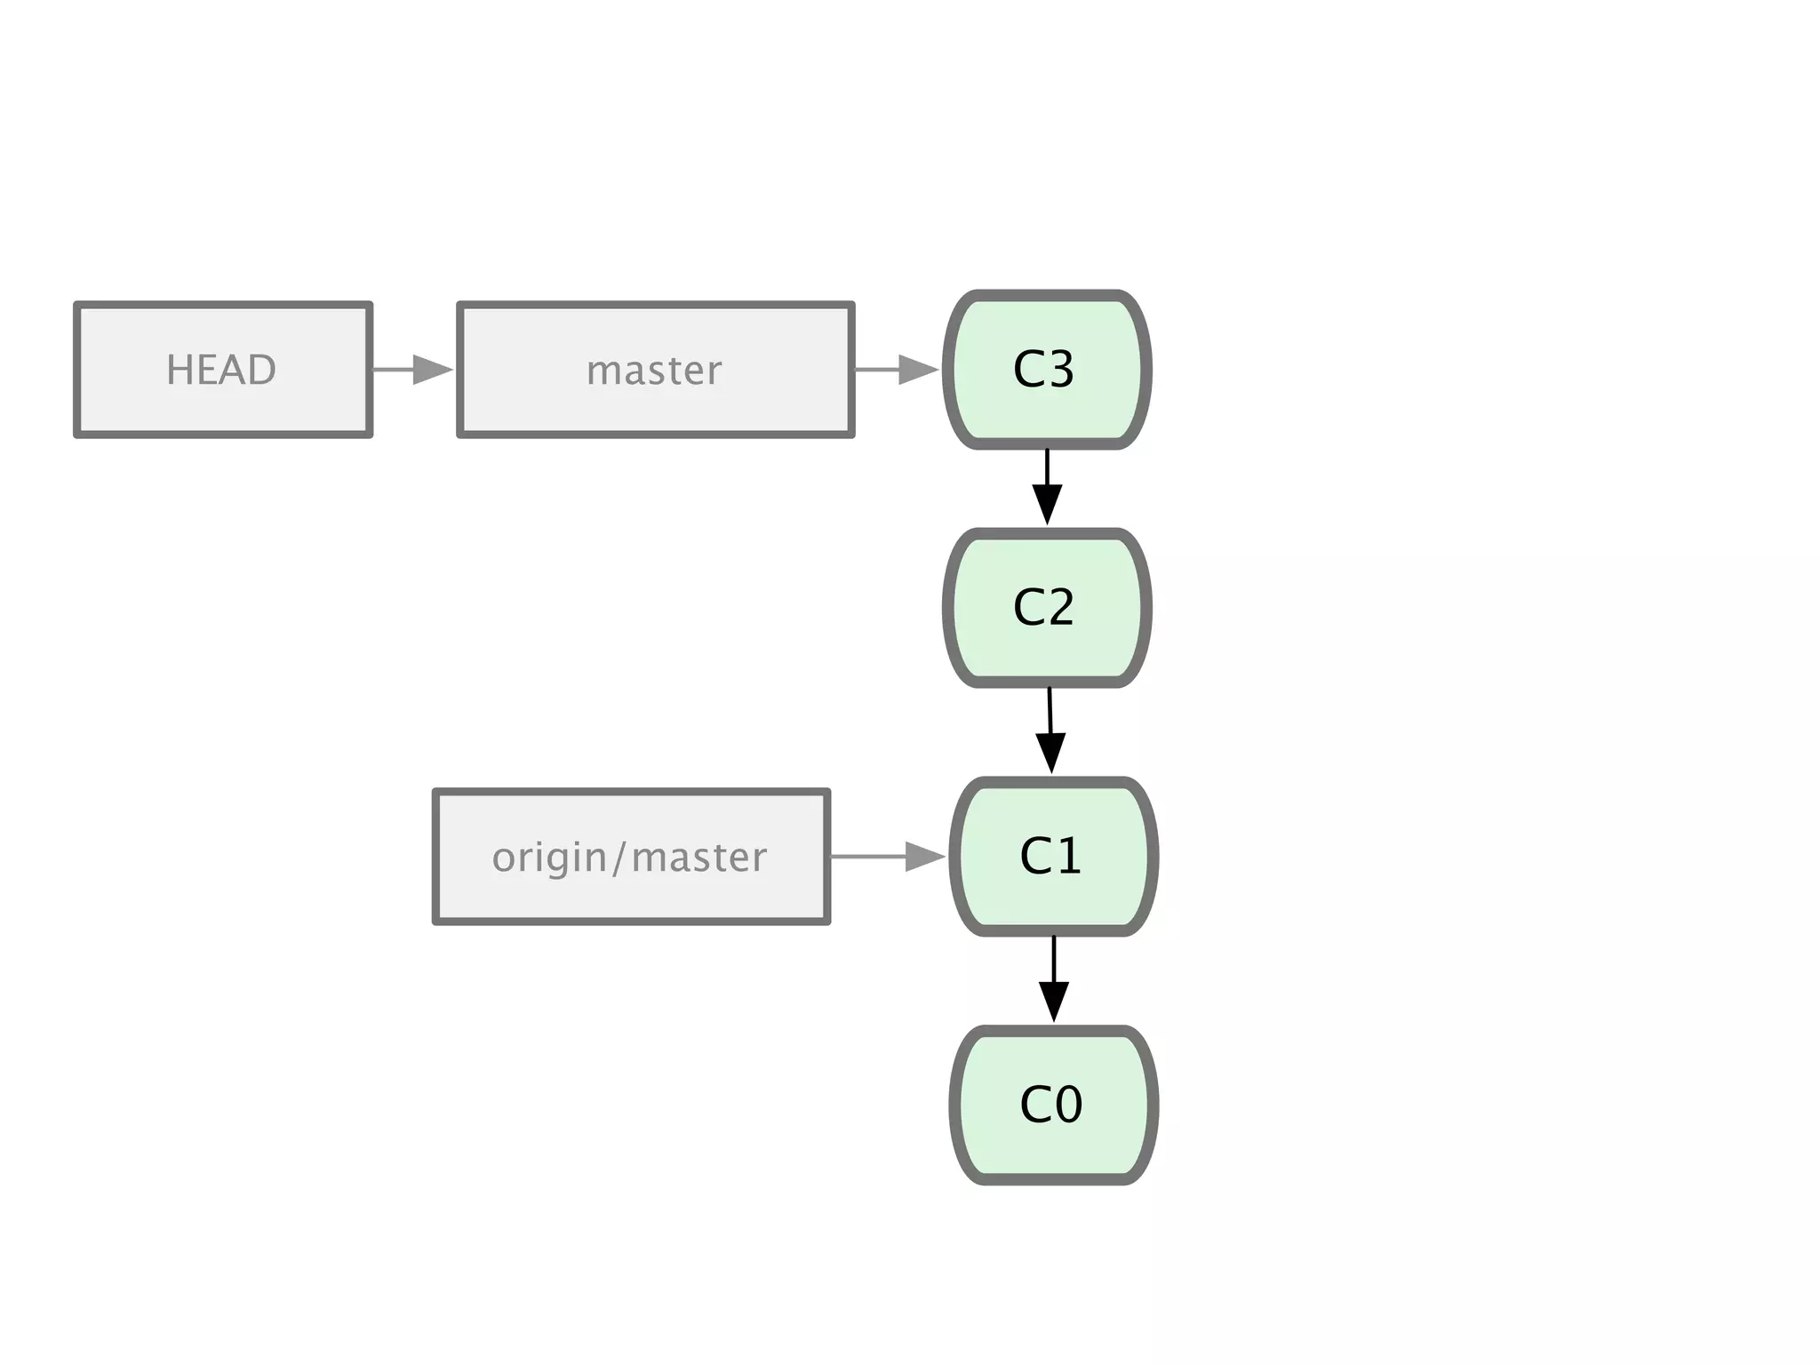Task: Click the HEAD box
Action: tap(222, 370)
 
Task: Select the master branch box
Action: tap(656, 370)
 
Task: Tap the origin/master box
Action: tap(631, 857)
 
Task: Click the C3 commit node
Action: tap(1047, 370)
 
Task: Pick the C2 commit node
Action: tap(1047, 608)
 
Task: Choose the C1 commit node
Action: tap(1053, 857)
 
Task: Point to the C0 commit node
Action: tap(1053, 1105)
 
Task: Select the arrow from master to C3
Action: tap(896, 370)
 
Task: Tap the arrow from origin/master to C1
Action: tap(887, 857)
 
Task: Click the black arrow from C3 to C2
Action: tap(1047, 487)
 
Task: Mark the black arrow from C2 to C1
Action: tap(1050, 730)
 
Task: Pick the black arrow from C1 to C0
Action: tap(1053, 978)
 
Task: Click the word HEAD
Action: tap(221, 370)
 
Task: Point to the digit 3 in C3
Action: tap(1059, 370)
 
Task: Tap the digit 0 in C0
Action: tap(1067, 1106)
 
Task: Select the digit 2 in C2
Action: tap(1059, 608)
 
